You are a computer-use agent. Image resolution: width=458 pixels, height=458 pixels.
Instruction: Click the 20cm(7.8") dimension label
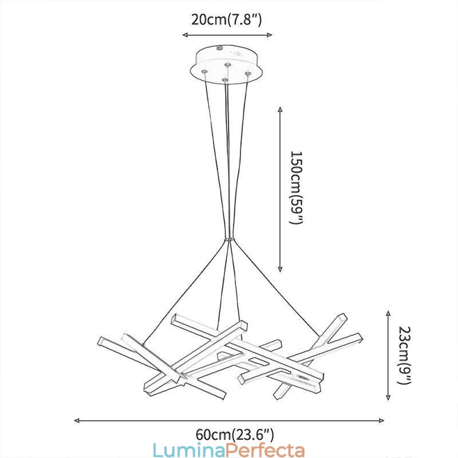[x=227, y=20]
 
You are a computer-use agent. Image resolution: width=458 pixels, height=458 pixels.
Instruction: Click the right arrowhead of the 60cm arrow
[x=382, y=420]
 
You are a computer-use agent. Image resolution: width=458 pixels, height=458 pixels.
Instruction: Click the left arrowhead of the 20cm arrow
[x=185, y=35]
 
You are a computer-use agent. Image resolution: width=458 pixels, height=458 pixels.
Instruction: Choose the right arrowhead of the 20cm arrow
[x=270, y=35]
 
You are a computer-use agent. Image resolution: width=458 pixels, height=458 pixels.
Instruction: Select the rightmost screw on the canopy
[x=248, y=73]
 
